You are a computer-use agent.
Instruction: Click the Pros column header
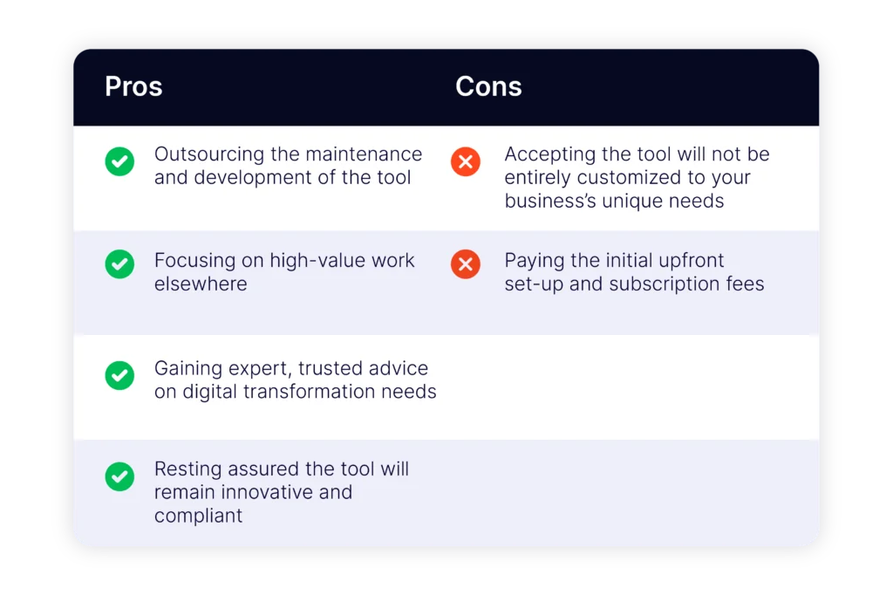(x=133, y=86)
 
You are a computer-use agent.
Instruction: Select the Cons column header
(x=488, y=86)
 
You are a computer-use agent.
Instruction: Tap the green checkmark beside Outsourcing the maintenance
(x=119, y=161)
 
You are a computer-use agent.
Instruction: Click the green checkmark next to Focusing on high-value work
(x=119, y=264)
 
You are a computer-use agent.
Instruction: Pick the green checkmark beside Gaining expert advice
(x=119, y=375)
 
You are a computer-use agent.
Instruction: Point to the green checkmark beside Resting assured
(x=119, y=476)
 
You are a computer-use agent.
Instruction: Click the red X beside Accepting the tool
(x=466, y=161)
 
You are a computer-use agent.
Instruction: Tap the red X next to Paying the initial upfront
(x=466, y=264)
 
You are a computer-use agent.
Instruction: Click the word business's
(x=547, y=202)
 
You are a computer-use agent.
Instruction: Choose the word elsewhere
(x=201, y=284)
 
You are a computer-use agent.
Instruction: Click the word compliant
(x=198, y=516)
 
